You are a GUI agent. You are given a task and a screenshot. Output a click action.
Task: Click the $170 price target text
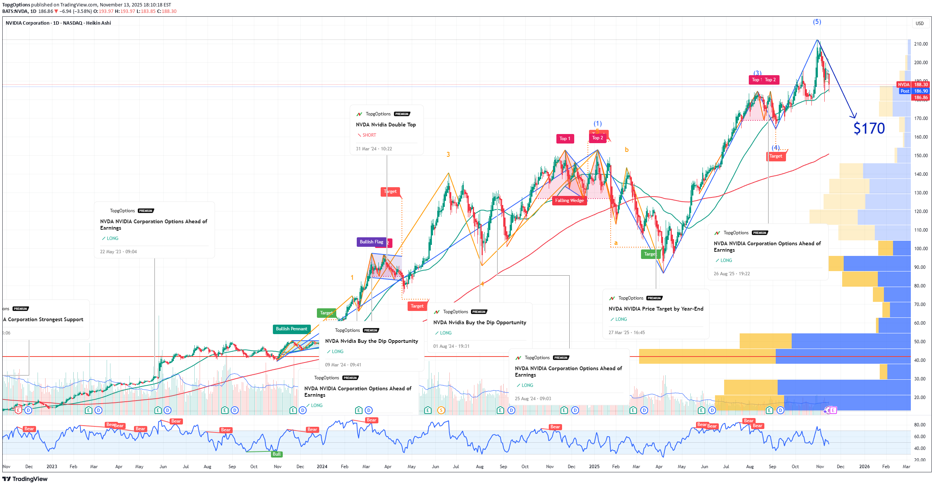tap(869, 128)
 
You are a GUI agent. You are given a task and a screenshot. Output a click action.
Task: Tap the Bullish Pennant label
tap(291, 329)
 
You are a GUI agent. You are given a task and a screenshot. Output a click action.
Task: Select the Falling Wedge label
tap(569, 200)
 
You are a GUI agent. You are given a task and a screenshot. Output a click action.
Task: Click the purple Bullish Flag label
tap(371, 242)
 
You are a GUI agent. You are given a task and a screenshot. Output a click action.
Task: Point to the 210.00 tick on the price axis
tap(920, 44)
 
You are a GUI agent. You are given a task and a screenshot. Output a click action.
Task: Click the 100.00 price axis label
tap(920, 249)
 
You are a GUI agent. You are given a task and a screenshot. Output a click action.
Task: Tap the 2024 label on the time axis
tap(322, 467)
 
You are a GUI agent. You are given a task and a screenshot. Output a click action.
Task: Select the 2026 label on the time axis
tap(864, 467)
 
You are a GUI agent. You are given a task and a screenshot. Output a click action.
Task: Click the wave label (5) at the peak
tap(817, 22)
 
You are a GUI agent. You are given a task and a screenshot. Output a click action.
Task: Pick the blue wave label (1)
tap(597, 124)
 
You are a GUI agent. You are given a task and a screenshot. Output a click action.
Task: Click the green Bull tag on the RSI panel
tap(277, 454)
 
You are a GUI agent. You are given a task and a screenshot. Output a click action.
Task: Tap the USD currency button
tap(920, 24)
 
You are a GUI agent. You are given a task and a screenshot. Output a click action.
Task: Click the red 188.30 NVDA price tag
tap(920, 85)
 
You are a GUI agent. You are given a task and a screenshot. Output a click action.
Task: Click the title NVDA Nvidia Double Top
tap(386, 125)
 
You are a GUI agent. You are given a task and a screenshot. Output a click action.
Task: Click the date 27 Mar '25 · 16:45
tap(627, 333)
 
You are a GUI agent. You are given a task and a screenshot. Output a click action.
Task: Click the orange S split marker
tap(441, 410)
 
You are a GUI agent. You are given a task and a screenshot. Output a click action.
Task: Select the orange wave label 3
tap(448, 155)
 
